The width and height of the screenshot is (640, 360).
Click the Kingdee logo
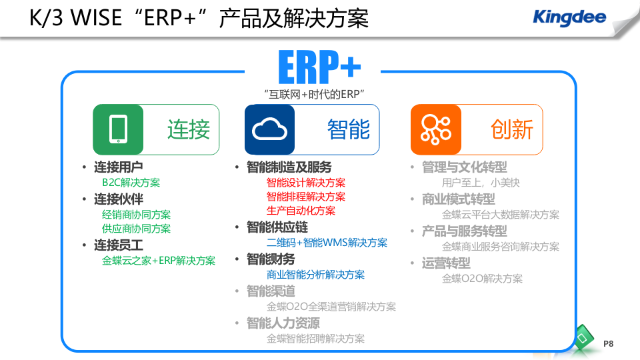click(569, 17)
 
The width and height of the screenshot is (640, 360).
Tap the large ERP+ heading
click(319, 67)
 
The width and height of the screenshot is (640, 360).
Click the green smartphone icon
click(118, 129)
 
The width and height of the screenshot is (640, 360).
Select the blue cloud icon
click(269, 129)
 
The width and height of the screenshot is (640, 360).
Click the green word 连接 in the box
click(189, 129)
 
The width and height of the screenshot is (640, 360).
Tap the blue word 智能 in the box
click(348, 129)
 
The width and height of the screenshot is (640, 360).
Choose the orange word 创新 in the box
click(512, 129)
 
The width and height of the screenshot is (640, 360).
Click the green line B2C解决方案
click(131, 183)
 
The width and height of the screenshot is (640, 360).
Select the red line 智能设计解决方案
click(306, 183)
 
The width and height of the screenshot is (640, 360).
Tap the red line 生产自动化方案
click(301, 211)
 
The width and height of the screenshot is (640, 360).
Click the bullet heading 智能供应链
click(277, 227)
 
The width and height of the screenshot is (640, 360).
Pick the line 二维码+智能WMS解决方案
click(327, 243)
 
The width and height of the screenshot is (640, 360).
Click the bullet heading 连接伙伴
click(118, 199)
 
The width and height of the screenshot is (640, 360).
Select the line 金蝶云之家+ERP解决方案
click(159, 261)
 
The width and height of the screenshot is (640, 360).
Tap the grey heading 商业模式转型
click(459, 199)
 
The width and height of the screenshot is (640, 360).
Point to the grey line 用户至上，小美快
click(481, 183)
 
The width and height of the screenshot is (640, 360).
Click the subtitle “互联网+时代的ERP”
click(318, 94)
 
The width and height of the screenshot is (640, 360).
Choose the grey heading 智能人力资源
click(283, 323)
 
